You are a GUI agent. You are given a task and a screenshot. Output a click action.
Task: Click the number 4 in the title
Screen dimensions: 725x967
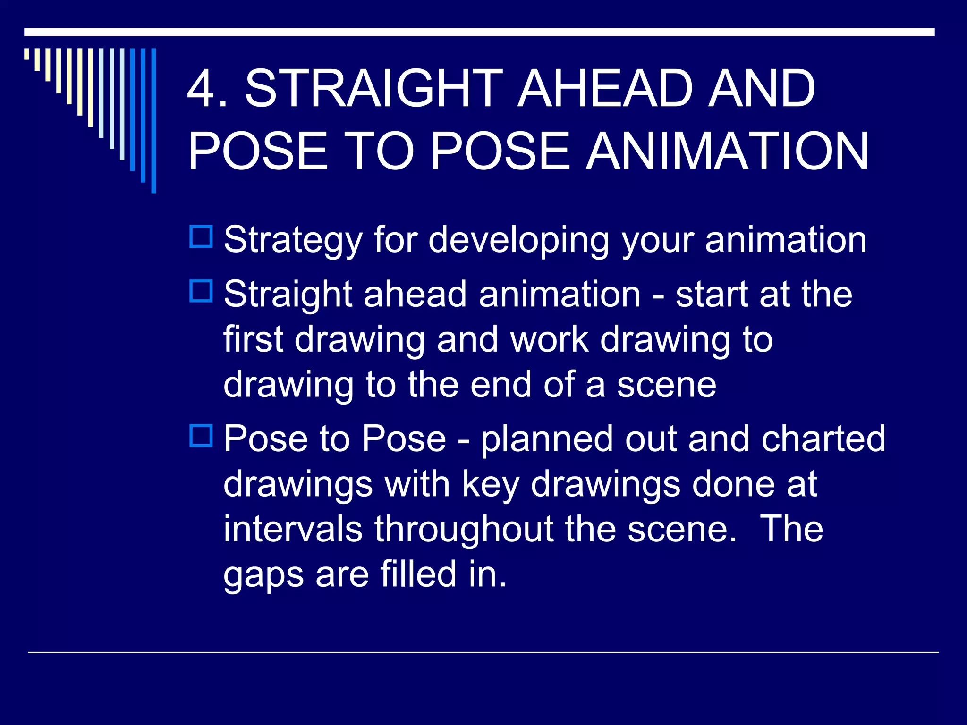(x=202, y=89)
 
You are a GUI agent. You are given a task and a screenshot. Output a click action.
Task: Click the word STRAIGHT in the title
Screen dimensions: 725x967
(x=374, y=89)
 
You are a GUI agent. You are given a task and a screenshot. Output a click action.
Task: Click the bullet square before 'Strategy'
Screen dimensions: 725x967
(x=201, y=237)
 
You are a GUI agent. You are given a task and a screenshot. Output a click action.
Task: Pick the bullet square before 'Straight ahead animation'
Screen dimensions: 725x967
(x=201, y=291)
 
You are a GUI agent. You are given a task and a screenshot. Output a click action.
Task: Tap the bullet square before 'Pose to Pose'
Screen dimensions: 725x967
(x=201, y=436)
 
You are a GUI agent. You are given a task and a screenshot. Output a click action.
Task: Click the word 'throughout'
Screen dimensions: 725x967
(x=464, y=530)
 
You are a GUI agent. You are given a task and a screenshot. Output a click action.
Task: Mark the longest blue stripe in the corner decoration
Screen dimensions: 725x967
(x=153, y=120)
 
